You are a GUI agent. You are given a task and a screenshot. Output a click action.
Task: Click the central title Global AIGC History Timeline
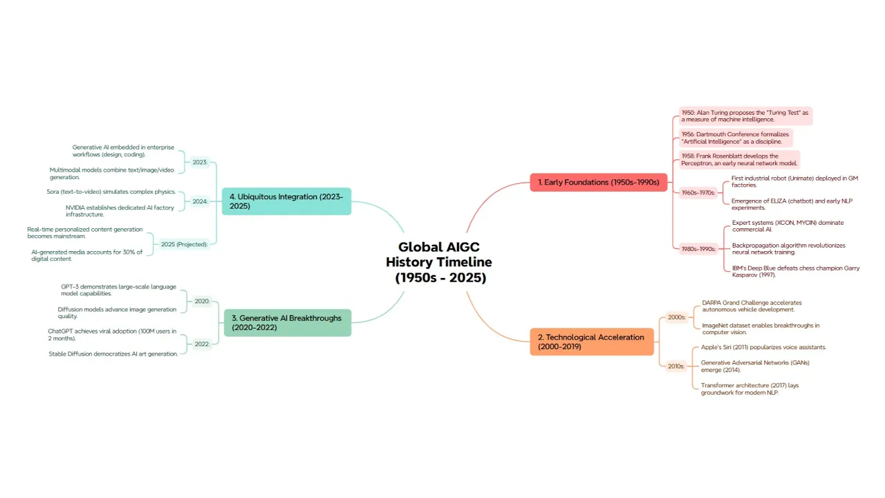tap(438, 262)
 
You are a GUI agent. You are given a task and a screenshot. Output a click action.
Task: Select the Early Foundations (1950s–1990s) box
tap(598, 183)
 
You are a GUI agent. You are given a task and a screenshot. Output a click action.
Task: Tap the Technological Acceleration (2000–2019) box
tap(591, 342)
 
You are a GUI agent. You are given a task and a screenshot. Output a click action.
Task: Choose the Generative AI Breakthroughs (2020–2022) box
tap(287, 322)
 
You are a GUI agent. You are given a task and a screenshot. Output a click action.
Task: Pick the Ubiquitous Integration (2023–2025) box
tap(286, 201)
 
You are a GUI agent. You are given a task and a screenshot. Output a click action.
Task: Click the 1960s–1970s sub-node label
tap(697, 193)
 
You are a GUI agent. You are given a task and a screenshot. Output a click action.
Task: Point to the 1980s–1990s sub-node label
tap(697, 248)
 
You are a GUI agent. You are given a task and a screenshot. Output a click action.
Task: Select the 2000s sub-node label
tap(676, 317)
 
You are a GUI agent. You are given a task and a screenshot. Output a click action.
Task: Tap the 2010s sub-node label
tap(676, 366)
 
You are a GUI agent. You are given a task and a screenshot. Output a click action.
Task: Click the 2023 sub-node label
tap(200, 162)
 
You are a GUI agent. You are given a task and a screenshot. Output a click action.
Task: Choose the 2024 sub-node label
tap(200, 202)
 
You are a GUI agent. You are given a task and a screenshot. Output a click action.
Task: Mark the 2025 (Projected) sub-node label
tap(184, 244)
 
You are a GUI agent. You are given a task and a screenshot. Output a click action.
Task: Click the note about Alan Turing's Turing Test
tap(745, 116)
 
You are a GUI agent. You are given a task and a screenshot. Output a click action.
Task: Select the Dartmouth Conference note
tap(734, 138)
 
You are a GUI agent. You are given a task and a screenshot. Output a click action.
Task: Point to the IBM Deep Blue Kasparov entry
tap(796, 271)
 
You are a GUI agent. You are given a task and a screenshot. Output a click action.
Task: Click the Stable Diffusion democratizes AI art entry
tap(113, 353)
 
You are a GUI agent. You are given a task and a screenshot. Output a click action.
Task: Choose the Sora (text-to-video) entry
tap(106, 192)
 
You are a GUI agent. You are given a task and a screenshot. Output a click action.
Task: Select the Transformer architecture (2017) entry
tap(749, 389)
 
